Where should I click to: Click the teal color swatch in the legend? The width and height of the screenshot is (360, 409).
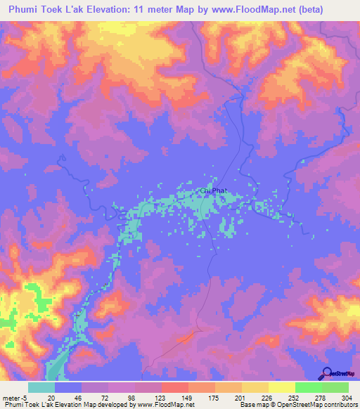[41, 387]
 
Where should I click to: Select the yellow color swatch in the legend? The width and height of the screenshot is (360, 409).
[281, 387]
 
